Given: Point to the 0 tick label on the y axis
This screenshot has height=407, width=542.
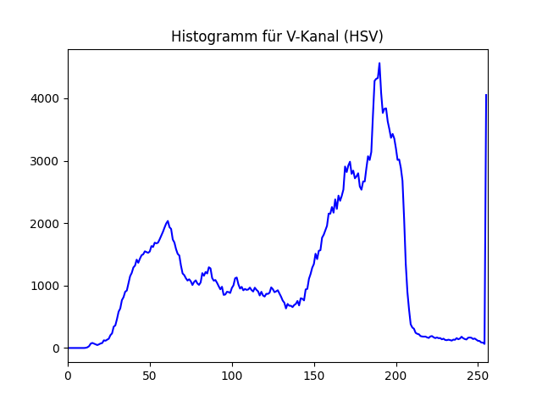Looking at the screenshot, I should [56, 348].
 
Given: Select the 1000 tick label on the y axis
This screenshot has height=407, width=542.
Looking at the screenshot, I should [46, 286].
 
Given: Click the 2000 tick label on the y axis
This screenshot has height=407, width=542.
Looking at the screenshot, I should [46, 224].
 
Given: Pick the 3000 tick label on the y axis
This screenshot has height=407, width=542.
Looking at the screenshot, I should [46, 161].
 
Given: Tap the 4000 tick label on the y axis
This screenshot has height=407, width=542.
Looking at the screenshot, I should [46, 99].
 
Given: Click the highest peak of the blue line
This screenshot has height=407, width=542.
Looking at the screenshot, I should [379, 64].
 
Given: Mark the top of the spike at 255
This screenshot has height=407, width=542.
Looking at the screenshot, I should [486, 95].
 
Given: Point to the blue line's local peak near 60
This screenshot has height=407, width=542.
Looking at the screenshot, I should [168, 221].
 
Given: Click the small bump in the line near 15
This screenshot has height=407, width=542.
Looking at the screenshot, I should [92, 343].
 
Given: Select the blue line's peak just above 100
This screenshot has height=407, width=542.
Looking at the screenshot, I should [236, 277].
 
